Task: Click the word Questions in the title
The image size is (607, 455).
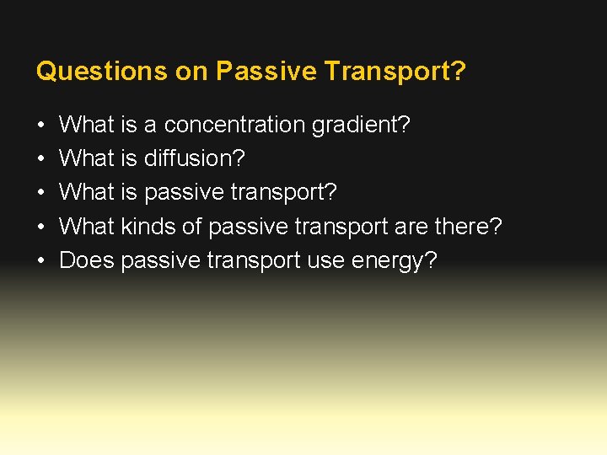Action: (x=101, y=72)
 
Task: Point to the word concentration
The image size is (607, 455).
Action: (x=234, y=126)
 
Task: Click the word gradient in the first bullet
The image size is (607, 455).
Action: (x=361, y=126)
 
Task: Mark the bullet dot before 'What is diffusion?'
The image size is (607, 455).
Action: (x=41, y=159)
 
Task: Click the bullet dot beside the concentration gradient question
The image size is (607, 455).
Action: (x=41, y=126)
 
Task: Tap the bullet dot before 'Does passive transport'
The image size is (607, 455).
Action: (x=41, y=260)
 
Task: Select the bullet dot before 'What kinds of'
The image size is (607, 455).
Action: (x=41, y=227)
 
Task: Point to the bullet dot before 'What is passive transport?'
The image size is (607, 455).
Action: (x=41, y=193)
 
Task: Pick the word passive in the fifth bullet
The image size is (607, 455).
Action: (x=159, y=260)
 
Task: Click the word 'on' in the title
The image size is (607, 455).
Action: (x=191, y=72)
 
